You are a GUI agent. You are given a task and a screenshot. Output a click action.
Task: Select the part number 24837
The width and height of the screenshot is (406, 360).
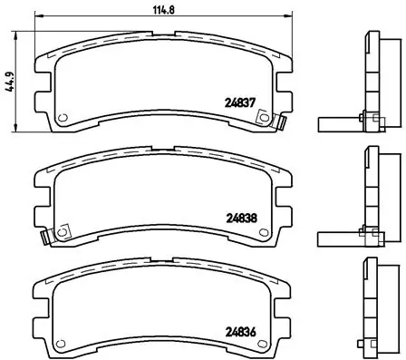[x=241, y=103]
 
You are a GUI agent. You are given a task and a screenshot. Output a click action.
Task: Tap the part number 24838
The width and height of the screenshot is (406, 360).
[x=241, y=218]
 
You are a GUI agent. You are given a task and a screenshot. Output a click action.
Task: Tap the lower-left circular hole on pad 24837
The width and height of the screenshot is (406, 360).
[x=63, y=118]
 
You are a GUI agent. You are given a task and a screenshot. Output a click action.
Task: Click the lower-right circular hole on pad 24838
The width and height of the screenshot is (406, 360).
[x=264, y=232]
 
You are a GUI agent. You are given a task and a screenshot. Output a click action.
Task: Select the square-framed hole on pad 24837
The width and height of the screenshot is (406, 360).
[x=264, y=117]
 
